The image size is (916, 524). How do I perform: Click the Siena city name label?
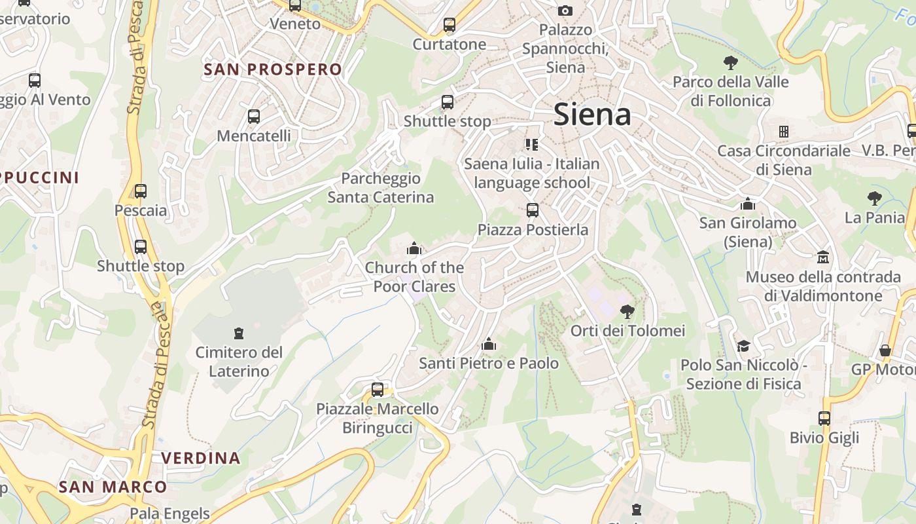(x=592, y=115)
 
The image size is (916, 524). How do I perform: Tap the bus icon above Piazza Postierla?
(x=533, y=210)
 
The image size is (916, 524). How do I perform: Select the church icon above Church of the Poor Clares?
(x=414, y=248)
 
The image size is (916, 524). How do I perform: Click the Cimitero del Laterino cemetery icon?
(x=239, y=333)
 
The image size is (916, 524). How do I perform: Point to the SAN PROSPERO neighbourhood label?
(x=273, y=69)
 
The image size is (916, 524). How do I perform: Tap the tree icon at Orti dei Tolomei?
(x=627, y=311)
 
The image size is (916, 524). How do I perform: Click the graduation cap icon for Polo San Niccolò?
(x=743, y=345)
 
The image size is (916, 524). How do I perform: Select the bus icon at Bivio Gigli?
(x=824, y=418)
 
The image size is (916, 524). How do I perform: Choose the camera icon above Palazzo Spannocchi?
(x=565, y=10)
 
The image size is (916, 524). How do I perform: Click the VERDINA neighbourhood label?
(x=201, y=458)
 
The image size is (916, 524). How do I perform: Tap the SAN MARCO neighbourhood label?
(x=113, y=487)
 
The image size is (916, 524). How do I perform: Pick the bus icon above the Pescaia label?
(x=141, y=191)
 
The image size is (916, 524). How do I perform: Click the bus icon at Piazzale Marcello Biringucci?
(x=378, y=390)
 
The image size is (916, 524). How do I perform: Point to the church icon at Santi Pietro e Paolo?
(x=489, y=344)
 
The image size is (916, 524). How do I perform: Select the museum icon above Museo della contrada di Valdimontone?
(x=823, y=257)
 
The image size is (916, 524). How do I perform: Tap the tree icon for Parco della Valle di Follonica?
(x=731, y=63)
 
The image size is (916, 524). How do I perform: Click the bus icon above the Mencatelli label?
(x=254, y=117)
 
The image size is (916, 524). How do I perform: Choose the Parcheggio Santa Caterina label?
(x=381, y=187)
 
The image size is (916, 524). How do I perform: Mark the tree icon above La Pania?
(x=874, y=198)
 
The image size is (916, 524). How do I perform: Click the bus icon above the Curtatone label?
(x=449, y=25)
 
